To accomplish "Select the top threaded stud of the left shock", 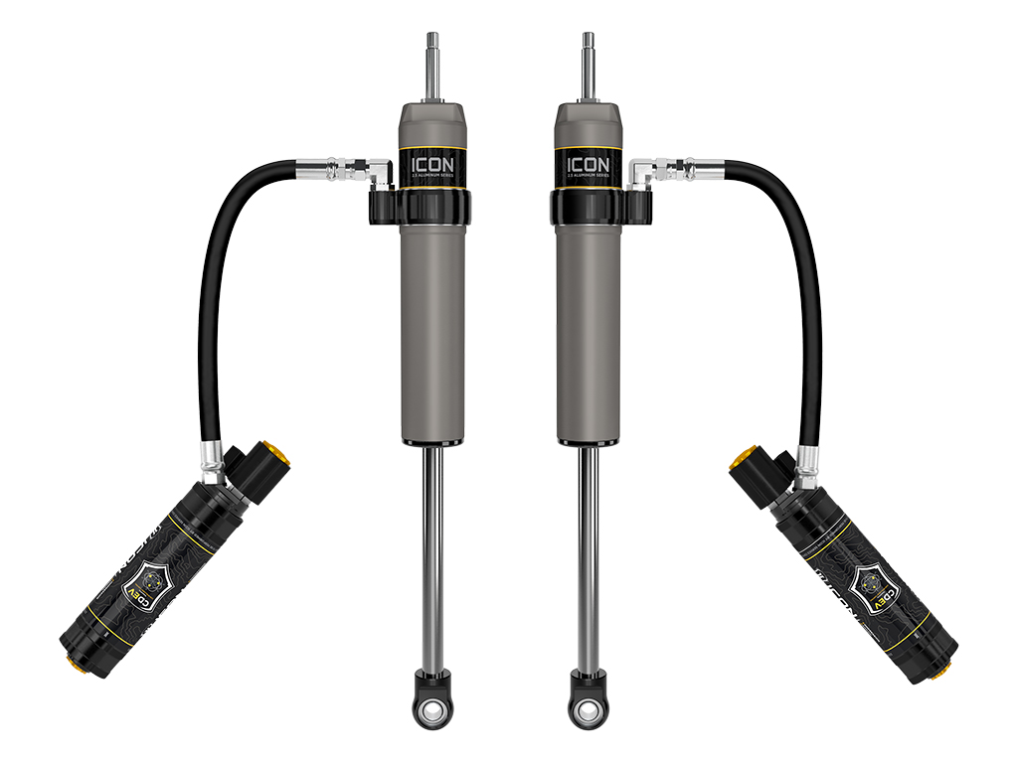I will (x=433, y=50).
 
